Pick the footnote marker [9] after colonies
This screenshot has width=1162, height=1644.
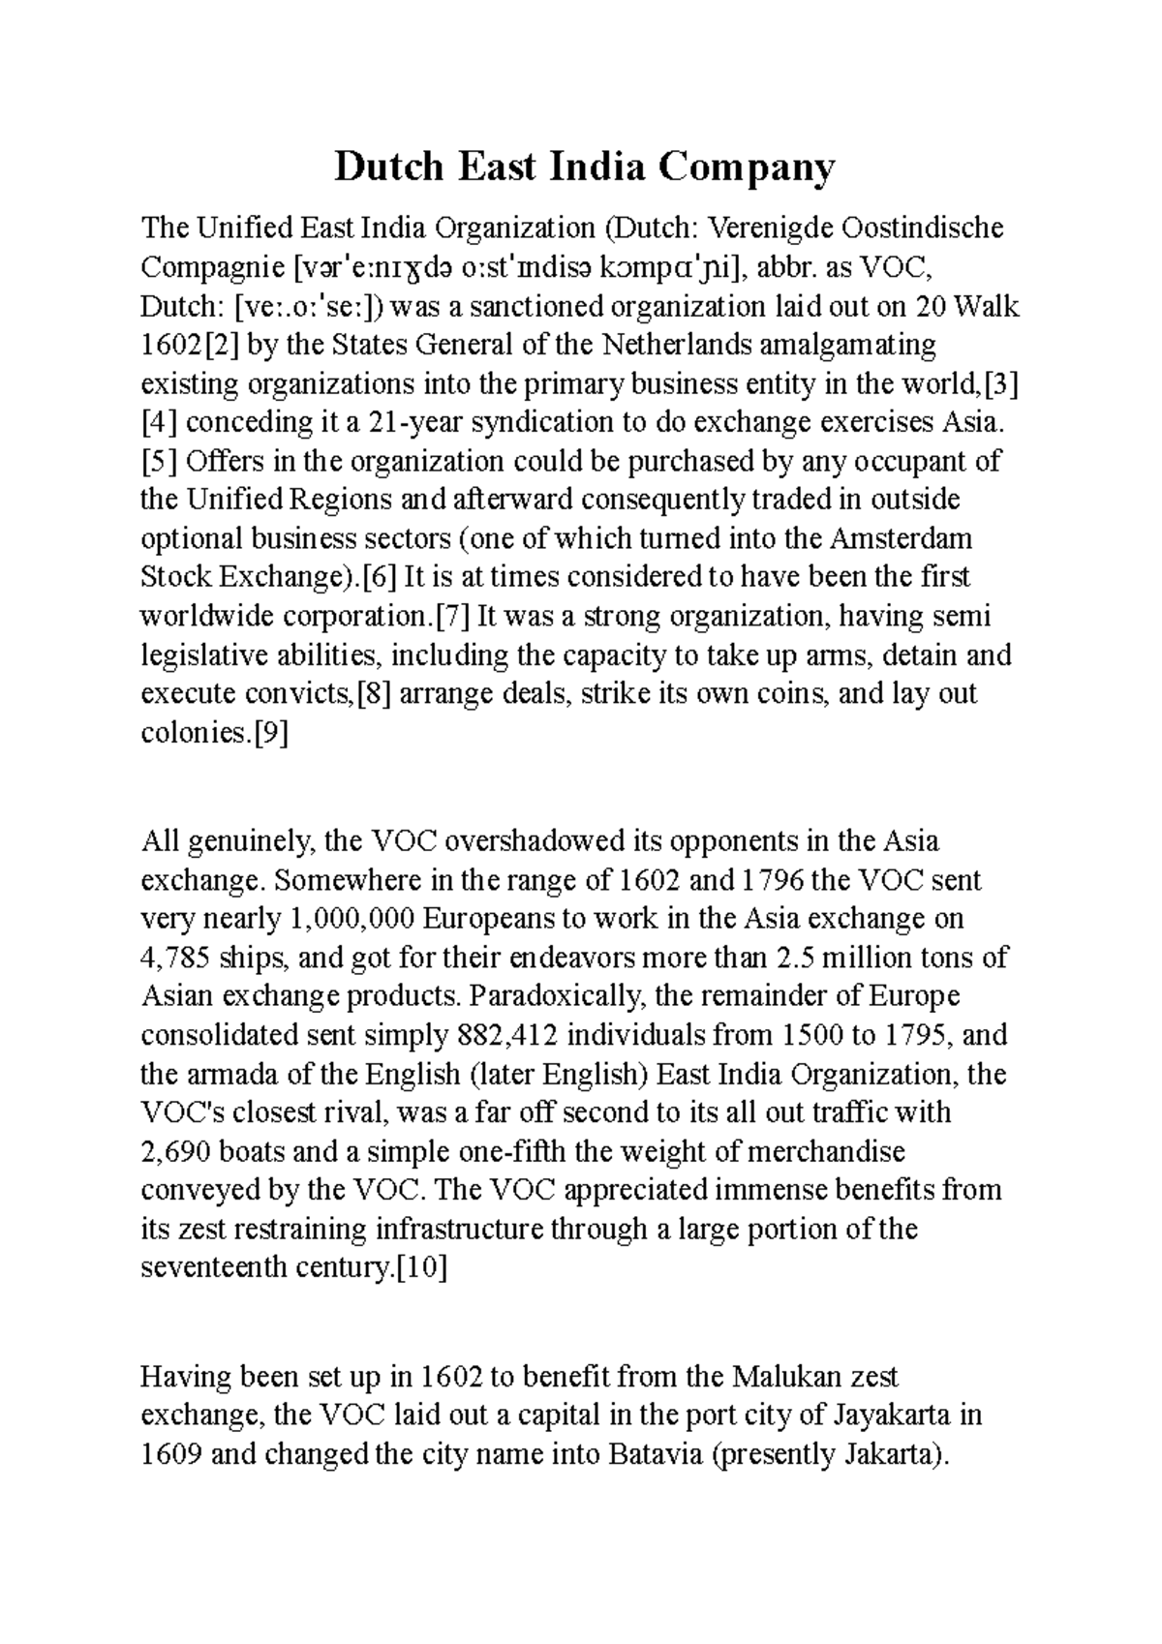point(270,733)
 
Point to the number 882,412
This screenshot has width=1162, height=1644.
point(505,1036)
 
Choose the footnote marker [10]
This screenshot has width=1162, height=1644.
point(422,1268)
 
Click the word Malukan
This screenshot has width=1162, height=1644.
point(785,1377)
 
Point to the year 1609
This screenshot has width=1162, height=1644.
point(171,1454)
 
